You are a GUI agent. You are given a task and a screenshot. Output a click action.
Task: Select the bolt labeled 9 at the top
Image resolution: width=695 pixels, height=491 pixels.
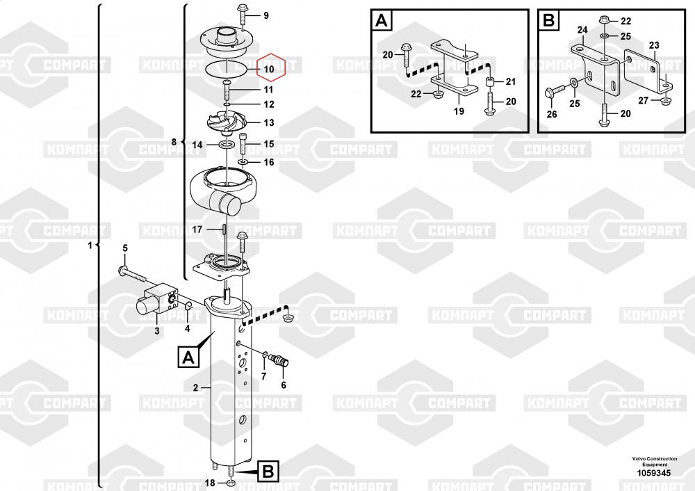point(243,16)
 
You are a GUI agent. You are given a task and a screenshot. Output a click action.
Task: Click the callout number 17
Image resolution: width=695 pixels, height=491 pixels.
point(197,230)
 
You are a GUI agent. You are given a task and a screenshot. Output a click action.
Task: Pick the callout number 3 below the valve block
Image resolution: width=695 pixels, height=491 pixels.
point(157,331)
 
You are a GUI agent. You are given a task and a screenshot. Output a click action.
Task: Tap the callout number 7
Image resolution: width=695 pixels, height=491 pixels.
point(263,376)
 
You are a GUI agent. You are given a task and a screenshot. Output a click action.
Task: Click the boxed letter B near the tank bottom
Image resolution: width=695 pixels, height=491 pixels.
point(268,471)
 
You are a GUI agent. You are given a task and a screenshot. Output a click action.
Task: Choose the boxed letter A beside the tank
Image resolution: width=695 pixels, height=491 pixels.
point(188,357)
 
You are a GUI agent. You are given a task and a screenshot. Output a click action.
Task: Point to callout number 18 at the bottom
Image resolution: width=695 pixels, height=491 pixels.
point(210,483)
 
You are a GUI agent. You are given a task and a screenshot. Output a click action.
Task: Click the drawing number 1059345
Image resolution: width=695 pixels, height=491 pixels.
point(654,473)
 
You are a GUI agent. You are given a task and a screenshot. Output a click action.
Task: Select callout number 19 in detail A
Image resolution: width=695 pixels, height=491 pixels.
point(459,111)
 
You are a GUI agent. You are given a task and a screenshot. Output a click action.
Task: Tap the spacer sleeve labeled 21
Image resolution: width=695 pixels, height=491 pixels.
point(490,82)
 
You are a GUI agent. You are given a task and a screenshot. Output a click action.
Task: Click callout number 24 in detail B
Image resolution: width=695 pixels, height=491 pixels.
point(582,30)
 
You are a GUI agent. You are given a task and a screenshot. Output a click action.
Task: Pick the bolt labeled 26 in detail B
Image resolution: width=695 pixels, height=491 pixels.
point(554,92)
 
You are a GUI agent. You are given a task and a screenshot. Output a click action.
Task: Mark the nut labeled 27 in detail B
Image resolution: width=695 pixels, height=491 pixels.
point(665,102)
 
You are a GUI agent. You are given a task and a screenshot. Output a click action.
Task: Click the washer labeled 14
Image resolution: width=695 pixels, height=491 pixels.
point(228,145)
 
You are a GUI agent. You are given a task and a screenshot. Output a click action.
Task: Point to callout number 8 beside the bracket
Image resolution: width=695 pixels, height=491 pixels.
point(174,142)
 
